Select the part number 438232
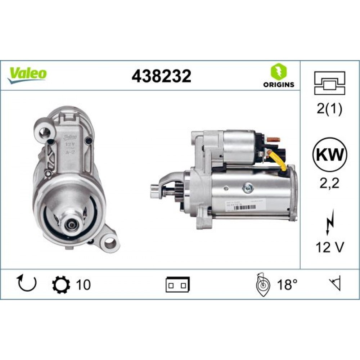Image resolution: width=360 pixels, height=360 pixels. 161,76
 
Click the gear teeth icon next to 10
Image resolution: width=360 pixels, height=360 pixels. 59,284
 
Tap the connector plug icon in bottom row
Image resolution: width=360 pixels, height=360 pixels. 177,285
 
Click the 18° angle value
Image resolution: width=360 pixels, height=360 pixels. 287,285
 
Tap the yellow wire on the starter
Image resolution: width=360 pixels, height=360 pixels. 280,161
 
